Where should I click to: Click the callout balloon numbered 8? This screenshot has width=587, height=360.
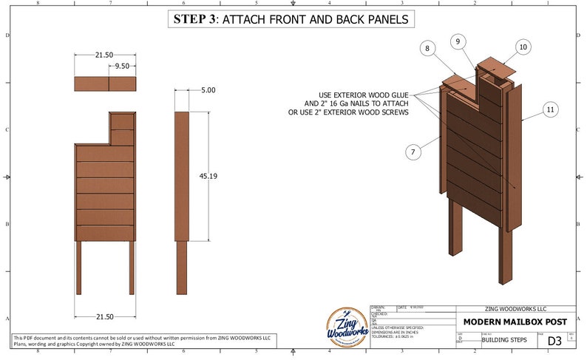pos(427,49)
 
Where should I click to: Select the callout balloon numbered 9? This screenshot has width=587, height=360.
pos(458,41)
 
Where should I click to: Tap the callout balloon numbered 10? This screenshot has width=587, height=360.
pos(523,47)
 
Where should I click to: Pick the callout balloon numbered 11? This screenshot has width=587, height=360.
pos(549,109)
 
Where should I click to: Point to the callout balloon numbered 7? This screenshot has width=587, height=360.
pos(414,152)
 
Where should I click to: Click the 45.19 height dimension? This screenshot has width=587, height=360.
pos(208,176)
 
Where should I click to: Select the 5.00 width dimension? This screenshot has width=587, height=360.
pos(208,90)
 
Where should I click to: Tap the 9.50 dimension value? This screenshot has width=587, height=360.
pos(123,67)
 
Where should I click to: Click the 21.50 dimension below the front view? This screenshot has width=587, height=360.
pos(104,316)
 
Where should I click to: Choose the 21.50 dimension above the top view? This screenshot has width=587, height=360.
pos(104,55)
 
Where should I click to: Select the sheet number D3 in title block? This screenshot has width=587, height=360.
pos(554,341)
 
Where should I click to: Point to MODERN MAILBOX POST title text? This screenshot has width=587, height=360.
pos(515,322)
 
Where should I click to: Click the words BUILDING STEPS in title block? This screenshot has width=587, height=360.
pos(501,341)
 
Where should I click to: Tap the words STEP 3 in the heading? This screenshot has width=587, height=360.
pos(194,19)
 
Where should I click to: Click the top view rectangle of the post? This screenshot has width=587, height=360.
pos(105,84)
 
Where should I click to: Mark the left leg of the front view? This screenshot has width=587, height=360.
pos(78,266)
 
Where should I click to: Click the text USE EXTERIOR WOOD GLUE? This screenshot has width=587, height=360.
pos(366,95)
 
